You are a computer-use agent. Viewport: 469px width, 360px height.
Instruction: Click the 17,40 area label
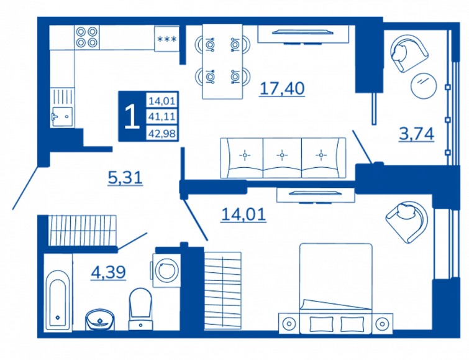[x=283, y=89]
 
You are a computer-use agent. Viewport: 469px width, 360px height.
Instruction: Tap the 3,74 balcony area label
[x=416, y=134]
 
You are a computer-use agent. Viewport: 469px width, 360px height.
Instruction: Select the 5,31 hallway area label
[x=125, y=178]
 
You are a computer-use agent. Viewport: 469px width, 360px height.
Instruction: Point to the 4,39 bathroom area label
[x=108, y=272]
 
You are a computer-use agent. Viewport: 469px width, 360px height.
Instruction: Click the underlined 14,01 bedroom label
[x=244, y=215]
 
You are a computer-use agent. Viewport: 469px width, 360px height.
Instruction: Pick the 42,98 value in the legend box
[x=162, y=133]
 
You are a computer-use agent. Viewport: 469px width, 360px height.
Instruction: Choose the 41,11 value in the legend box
[x=162, y=116]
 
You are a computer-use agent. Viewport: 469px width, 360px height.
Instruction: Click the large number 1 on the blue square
[x=132, y=117]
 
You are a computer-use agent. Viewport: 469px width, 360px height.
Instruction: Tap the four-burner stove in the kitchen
[x=87, y=37]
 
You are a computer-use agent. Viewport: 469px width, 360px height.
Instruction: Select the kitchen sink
[x=62, y=117]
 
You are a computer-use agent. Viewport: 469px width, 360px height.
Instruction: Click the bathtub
[x=58, y=298]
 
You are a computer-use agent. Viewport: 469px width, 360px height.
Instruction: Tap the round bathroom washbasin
[x=99, y=320]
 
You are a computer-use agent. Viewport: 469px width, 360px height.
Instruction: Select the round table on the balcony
[x=424, y=85]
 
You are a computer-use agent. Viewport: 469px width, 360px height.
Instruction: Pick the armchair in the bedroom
[x=407, y=221]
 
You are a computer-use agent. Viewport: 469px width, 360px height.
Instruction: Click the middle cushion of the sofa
[x=282, y=158]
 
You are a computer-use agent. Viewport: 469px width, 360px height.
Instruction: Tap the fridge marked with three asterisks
[x=167, y=39]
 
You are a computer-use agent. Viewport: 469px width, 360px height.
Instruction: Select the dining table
[x=222, y=62]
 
